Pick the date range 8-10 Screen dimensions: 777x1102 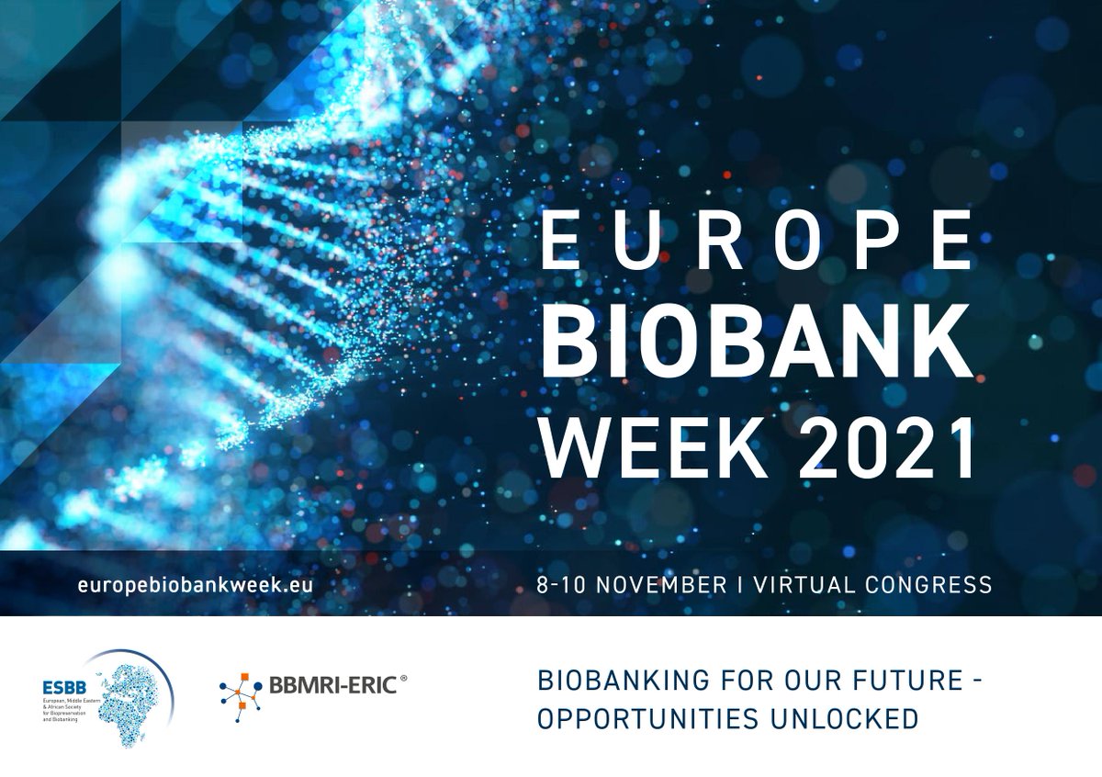562,584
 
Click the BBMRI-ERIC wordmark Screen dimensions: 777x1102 332,684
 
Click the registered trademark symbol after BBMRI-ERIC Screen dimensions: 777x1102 402,678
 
